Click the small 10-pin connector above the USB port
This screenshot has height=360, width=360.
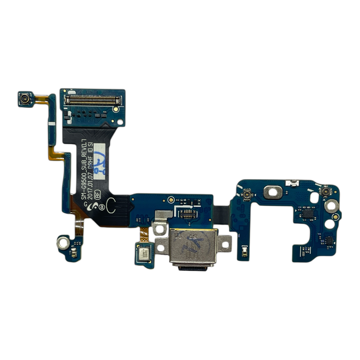pyautogui.click(x=188, y=213)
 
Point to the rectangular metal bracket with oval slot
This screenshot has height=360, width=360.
pyautogui.click(x=273, y=192)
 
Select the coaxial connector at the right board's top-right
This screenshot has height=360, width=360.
pyautogui.click(x=324, y=192)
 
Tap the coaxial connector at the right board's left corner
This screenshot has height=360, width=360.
pyautogui.click(x=247, y=194)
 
